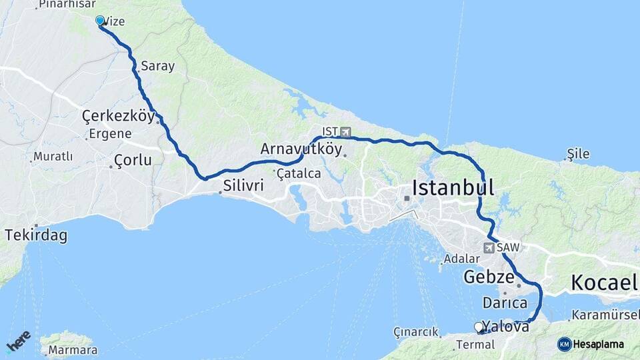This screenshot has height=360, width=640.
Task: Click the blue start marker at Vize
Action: point(100,21)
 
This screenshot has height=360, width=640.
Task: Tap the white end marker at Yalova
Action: point(479,327)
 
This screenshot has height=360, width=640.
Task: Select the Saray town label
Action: point(158,66)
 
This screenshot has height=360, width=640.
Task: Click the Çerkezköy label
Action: point(118,116)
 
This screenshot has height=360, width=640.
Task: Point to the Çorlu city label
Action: point(133,160)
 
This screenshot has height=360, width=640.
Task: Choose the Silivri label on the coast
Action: point(243,186)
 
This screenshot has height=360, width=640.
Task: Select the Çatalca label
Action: point(299,173)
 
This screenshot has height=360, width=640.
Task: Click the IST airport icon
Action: point(345,132)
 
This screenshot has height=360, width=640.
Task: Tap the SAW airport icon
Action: point(489,247)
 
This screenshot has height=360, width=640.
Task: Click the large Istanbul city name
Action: point(453,187)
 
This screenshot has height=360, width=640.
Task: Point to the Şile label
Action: point(578,154)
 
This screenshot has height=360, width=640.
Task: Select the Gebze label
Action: point(489,277)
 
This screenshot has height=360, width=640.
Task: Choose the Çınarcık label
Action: point(416,331)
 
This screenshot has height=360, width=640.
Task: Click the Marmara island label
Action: point(73,350)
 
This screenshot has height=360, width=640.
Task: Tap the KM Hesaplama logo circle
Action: point(565,344)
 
